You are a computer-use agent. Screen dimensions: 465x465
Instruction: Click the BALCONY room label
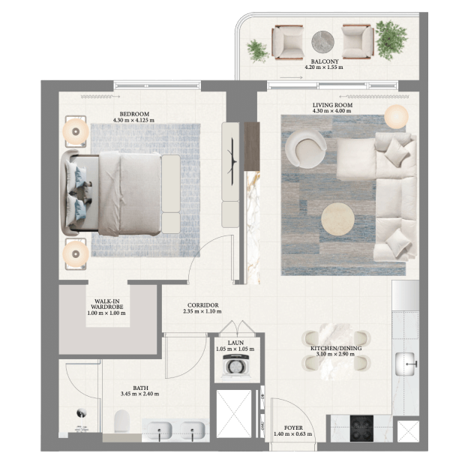tap(325, 61)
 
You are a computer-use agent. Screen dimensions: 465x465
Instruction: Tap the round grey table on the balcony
tap(323, 42)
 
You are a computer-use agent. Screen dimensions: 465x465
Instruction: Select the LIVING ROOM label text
tap(332, 105)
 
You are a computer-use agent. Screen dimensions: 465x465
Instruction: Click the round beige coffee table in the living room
tap(337, 219)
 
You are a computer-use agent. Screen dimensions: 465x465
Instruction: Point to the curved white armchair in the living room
tap(306, 149)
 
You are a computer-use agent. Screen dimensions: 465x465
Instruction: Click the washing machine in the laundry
tap(237, 366)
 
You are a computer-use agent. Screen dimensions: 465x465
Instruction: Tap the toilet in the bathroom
tap(122, 421)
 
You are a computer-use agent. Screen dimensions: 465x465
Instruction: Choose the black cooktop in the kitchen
tap(361, 428)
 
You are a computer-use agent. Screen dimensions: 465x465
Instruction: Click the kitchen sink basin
tap(405, 364)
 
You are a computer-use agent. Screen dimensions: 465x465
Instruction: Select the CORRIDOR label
tap(202, 305)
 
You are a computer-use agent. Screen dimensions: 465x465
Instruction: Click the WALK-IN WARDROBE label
tap(106, 304)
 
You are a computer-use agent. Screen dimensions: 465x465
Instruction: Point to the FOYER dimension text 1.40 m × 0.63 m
tap(292, 433)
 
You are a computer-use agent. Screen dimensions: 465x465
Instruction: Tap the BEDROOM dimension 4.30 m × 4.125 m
tap(133, 121)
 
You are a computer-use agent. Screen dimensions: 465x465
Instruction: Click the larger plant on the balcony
tap(391, 40)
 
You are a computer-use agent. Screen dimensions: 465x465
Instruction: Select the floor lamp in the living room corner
tap(396, 116)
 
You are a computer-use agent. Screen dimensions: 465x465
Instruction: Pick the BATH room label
tap(140, 388)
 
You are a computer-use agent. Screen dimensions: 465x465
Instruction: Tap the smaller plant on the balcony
tap(257, 51)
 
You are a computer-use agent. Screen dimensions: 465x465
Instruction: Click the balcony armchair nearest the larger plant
tap(358, 41)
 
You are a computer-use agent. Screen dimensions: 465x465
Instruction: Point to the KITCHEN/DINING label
tap(336, 348)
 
